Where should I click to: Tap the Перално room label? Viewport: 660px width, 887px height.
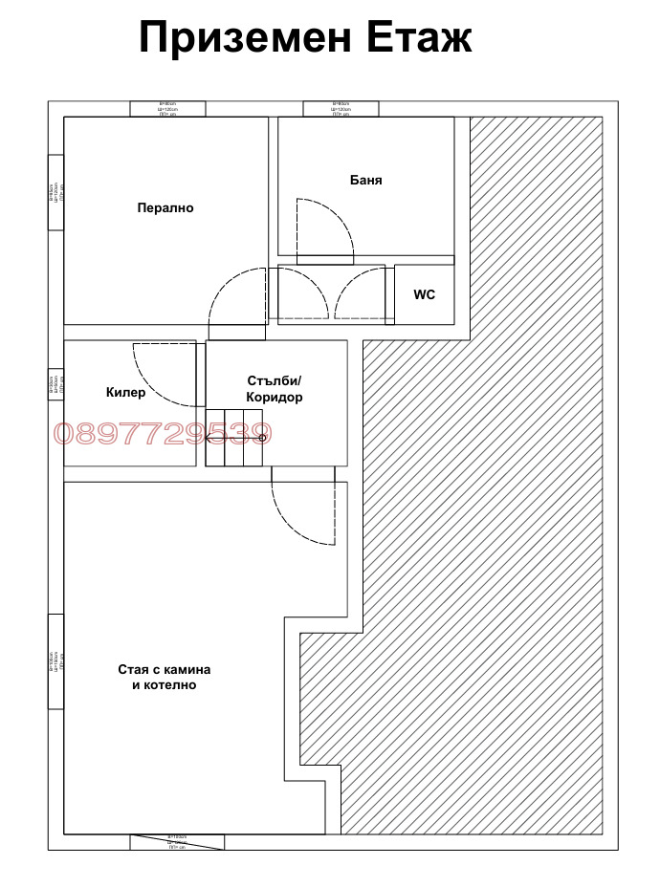click(165, 207)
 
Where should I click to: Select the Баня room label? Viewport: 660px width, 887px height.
click(365, 180)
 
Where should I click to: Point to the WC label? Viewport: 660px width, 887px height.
click(424, 294)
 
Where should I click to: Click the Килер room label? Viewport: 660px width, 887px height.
click(125, 392)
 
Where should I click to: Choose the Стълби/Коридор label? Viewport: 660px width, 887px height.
click(275, 389)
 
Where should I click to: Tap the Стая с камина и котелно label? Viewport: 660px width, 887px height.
click(165, 677)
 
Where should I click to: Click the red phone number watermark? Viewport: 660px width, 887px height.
click(163, 434)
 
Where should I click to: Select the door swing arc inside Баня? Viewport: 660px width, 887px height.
click(325, 229)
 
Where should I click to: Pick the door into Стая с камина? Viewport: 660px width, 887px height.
click(303, 507)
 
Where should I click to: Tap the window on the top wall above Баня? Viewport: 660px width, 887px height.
click(341, 109)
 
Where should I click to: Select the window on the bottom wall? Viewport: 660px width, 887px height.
click(178, 841)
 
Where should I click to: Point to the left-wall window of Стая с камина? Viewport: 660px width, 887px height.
click(55, 661)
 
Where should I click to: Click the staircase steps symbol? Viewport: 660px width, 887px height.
click(233, 438)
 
